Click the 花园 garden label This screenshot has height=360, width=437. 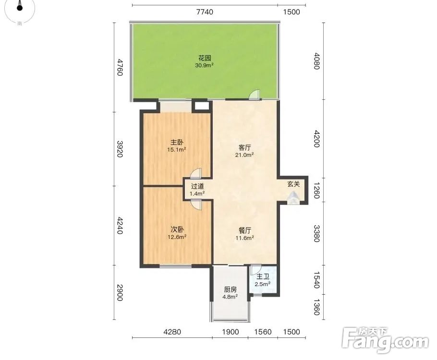[x=205, y=58]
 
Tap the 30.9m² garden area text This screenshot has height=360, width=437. [x=204, y=65]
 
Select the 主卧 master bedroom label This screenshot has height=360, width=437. [x=177, y=143]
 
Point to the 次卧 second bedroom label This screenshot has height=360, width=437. [x=177, y=230]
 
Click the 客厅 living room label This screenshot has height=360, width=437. [x=244, y=148]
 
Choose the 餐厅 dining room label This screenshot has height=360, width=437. [x=245, y=230]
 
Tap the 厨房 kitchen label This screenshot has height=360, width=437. [x=230, y=289]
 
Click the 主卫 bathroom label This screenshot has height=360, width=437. [x=263, y=276]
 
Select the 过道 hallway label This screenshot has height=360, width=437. [x=197, y=186]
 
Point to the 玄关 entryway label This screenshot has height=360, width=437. [x=293, y=184]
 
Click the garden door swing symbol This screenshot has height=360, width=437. [x=254, y=95]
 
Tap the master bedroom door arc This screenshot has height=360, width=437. [x=195, y=174]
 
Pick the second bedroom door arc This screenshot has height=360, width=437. [x=195, y=205]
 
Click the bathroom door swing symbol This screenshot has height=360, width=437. [x=255, y=269]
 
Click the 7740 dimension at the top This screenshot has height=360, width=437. [x=205, y=12]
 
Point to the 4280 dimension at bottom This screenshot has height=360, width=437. [x=172, y=332]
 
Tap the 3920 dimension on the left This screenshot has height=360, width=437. [x=120, y=149]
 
